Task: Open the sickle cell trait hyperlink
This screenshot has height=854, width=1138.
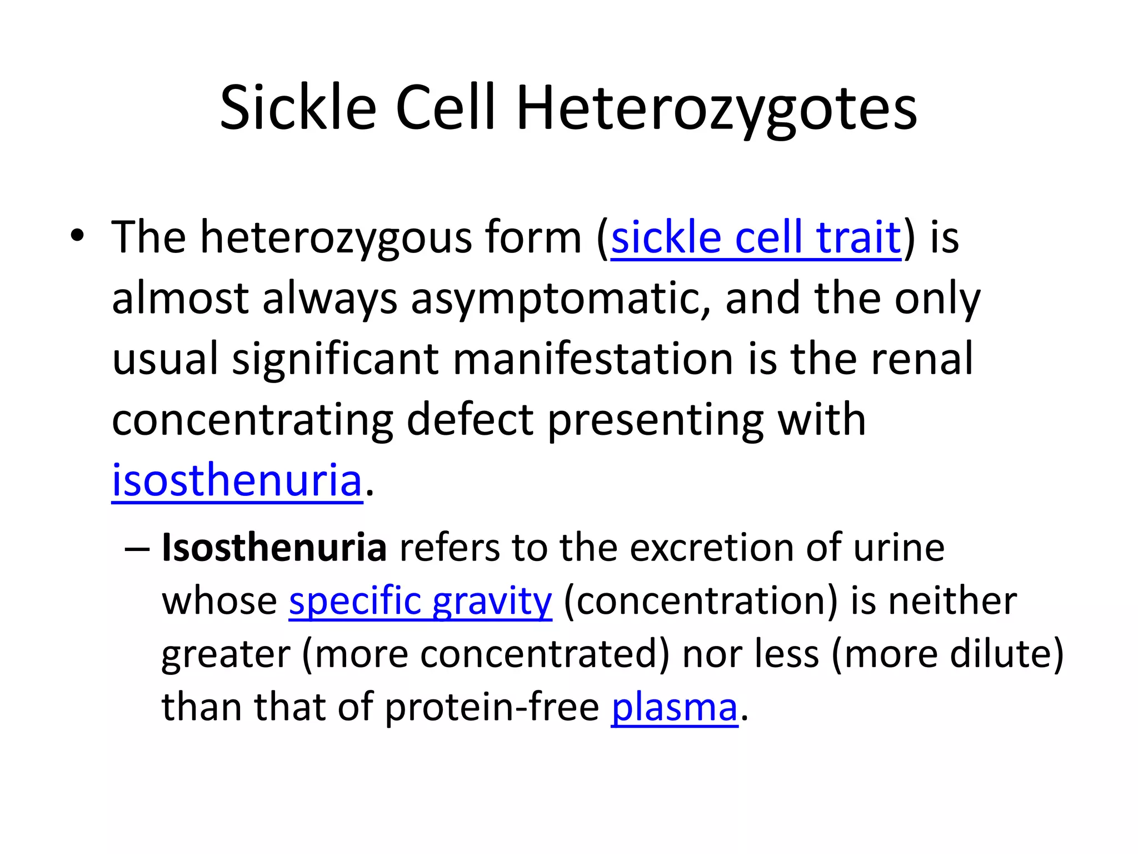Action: (756, 238)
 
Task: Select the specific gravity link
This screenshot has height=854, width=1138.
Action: (420, 601)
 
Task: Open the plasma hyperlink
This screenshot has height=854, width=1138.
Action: (675, 707)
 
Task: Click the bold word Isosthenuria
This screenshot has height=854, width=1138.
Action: (274, 548)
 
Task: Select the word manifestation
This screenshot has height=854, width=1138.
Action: (593, 359)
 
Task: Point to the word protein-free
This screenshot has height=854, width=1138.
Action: (492, 707)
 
